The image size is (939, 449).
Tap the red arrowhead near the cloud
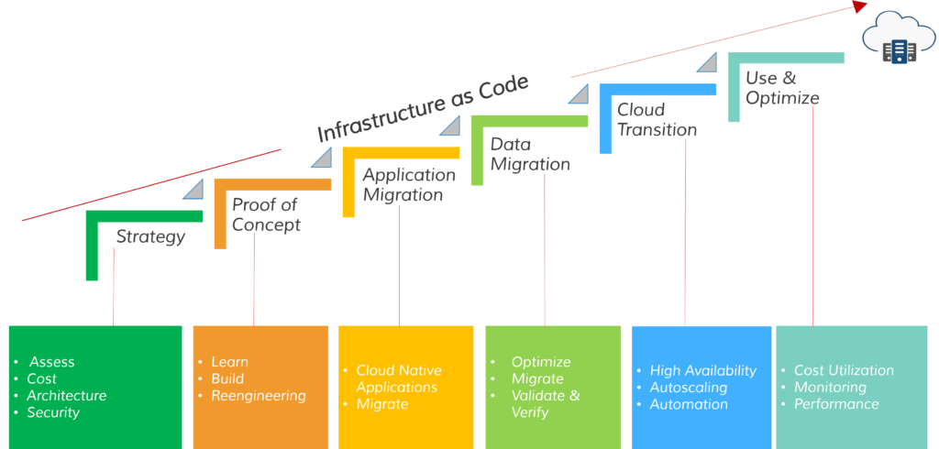858,6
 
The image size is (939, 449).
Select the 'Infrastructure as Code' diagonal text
423,109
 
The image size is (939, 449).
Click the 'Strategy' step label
150,237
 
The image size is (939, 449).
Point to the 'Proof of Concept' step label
266,214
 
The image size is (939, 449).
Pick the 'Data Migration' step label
530,154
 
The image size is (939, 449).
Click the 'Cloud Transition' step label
657,120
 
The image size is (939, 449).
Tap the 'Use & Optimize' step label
782,88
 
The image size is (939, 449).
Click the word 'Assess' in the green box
51,362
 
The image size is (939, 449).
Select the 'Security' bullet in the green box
53,412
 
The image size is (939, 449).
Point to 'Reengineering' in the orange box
259,396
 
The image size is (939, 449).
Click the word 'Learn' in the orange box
229,362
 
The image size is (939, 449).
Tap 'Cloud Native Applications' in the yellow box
399,378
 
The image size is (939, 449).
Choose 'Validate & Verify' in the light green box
546,404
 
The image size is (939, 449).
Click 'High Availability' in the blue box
703,370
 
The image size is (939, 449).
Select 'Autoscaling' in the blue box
689,387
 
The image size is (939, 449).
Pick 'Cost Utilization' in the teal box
844,370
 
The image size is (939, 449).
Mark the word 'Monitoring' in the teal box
830,387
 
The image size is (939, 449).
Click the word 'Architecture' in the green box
66,396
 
